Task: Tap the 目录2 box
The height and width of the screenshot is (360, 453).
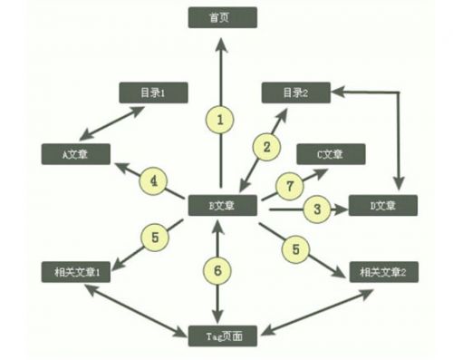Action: [x=295, y=92]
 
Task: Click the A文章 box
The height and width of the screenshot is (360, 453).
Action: [x=75, y=153]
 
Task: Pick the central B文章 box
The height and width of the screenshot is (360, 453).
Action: [x=223, y=206]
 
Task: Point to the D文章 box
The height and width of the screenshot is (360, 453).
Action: [x=383, y=206]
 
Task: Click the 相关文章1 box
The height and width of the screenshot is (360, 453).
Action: [x=77, y=271]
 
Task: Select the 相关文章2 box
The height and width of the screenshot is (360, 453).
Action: [x=383, y=271]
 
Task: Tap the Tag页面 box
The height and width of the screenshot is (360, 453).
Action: [x=223, y=336]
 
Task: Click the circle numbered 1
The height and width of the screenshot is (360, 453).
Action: [x=220, y=118]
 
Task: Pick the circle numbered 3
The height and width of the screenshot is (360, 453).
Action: [x=316, y=209]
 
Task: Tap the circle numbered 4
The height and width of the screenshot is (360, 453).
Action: [x=154, y=181]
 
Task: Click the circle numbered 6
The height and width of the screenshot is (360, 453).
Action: [x=217, y=269]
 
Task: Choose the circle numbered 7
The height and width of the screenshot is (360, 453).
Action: [x=289, y=185]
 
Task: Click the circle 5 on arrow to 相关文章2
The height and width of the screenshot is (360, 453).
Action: [x=292, y=247]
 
